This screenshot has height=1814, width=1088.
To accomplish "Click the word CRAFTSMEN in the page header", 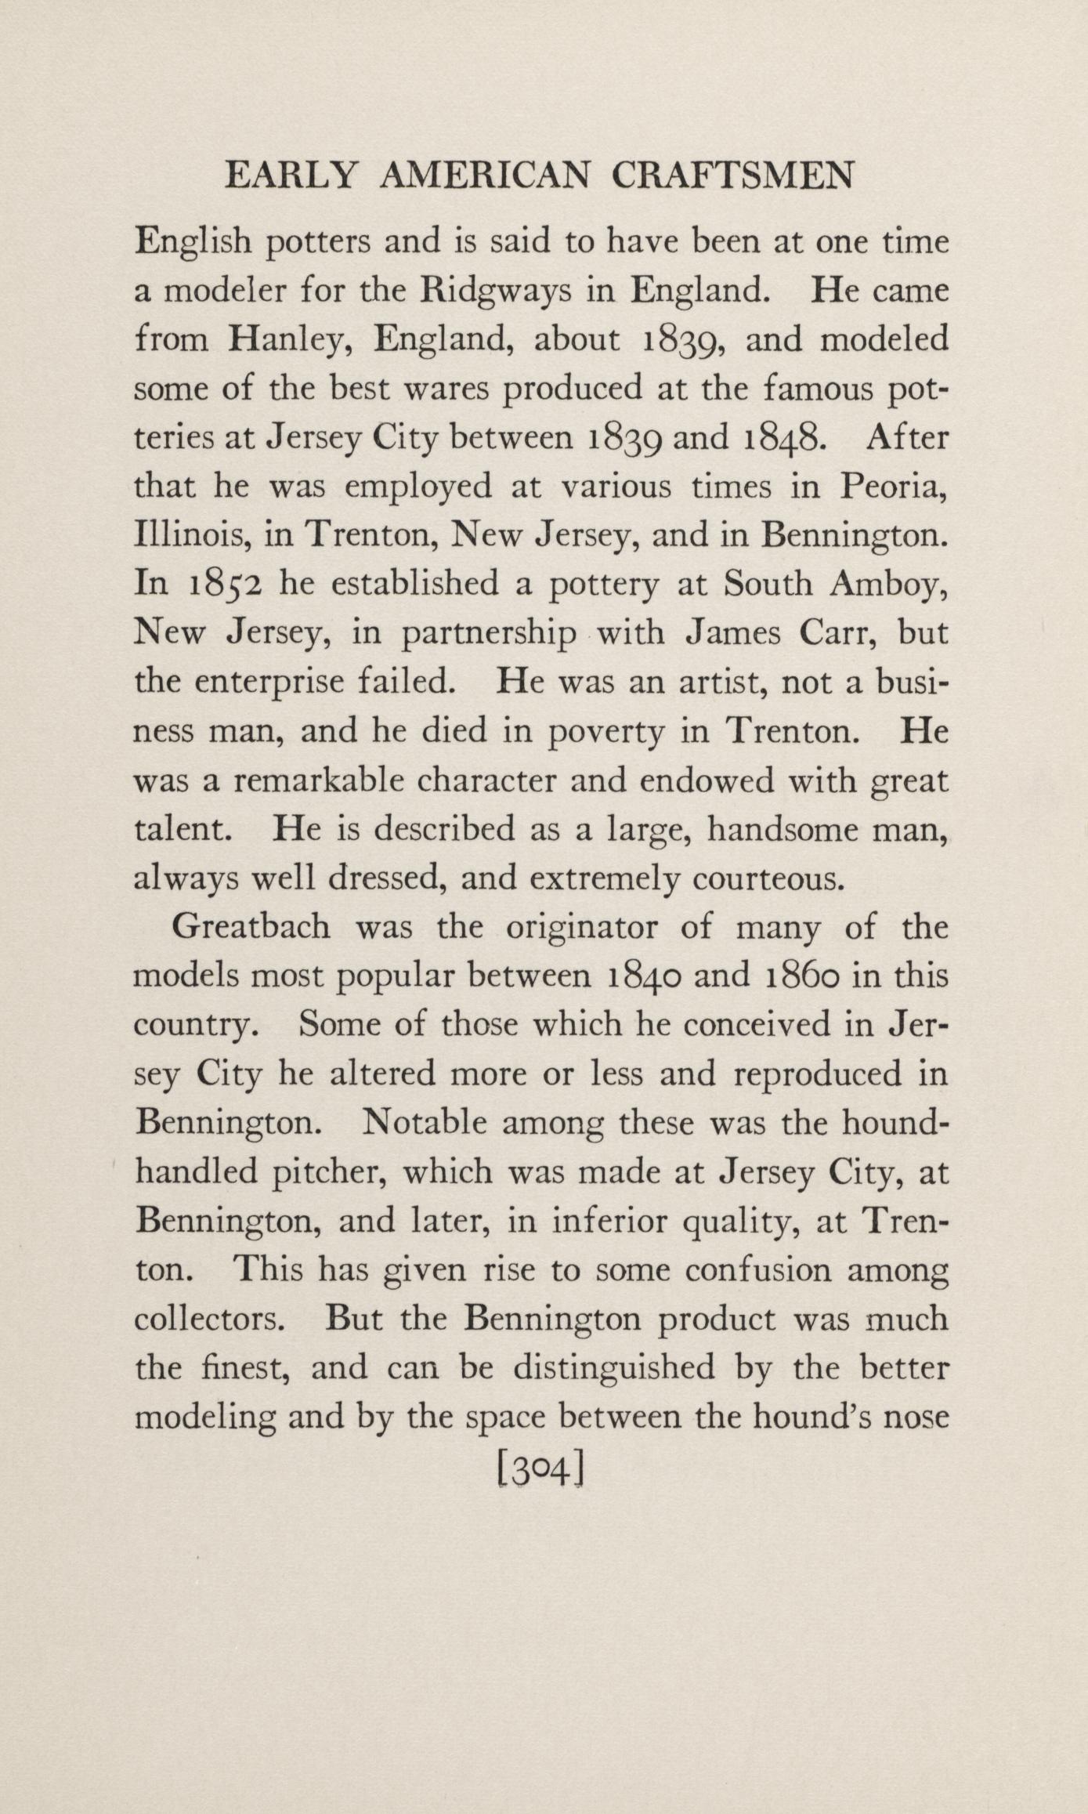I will coord(732,176).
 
